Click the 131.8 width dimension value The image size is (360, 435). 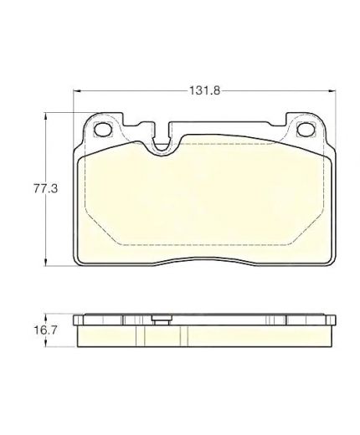pyautogui.click(x=204, y=90)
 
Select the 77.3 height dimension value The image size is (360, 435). pyautogui.click(x=45, y=189)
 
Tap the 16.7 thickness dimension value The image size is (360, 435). pyautogui.click(x=45, y=330)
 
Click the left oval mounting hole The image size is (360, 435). pyautogui.click(x=103, y=129)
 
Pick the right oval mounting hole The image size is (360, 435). pyautogui.click(x=306, y=129)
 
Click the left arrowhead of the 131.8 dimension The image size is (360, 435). pyautogui.click(x=77, y=90)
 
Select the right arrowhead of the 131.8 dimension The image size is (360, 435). pyautogui.click(x=332, y=90)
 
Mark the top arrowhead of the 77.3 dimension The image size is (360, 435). pyautogui.click(x=44, y=116)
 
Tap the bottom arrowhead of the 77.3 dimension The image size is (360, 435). pyautogui.click(x=44, y=263)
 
